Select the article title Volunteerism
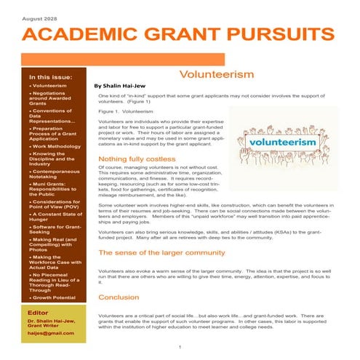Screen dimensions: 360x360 [x=216, y=75]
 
